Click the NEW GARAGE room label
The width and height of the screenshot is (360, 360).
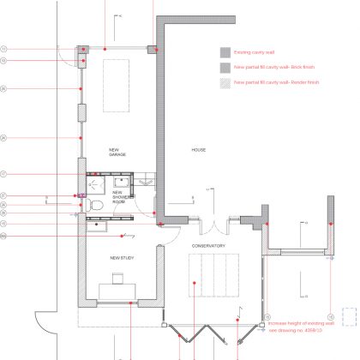pos(117,152)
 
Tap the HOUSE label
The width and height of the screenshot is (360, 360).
pos(198,150)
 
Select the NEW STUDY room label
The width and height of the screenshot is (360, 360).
pos(121,257)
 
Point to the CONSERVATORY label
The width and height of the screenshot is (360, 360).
pos(209,246)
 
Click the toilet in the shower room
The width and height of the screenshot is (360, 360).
pos(98,207)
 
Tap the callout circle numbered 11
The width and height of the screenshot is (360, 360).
pos(3,49)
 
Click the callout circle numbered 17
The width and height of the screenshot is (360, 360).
pos(3,196)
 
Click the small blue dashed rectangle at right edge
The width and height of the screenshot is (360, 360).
pos(348,315)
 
